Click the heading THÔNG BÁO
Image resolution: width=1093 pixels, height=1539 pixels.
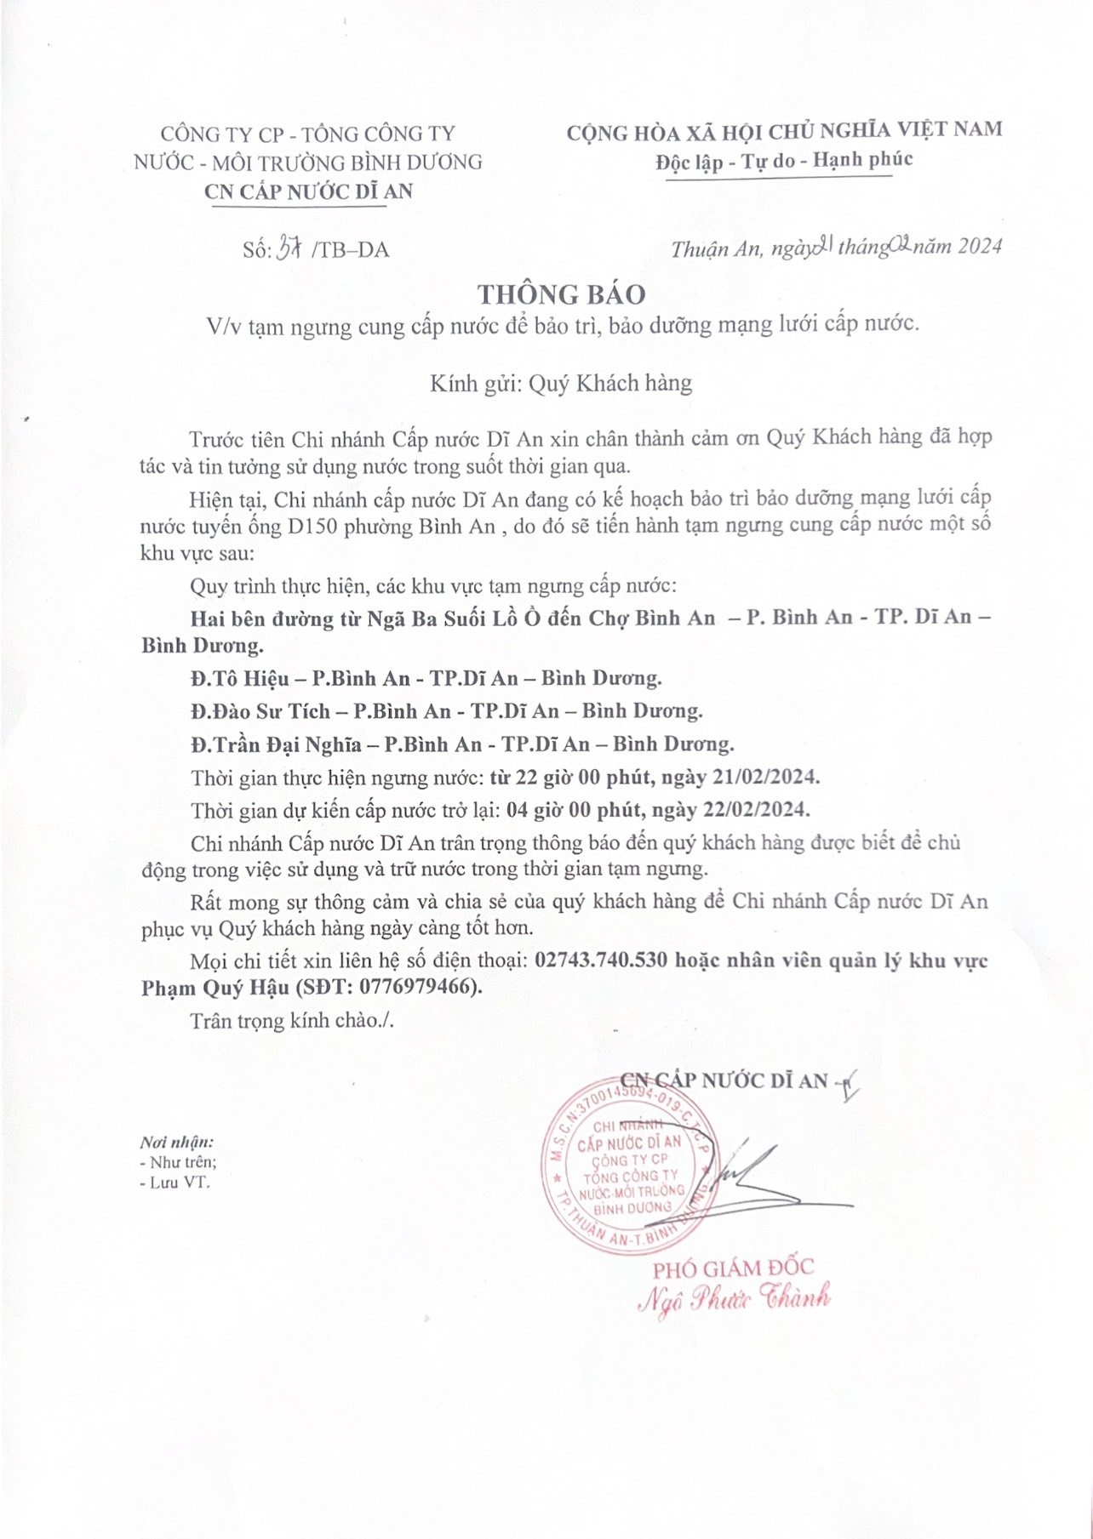(x=561, y=294)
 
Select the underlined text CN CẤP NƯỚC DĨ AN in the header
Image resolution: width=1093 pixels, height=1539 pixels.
(x=309, y=191)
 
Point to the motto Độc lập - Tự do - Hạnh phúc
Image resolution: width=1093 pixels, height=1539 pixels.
(x=783, y=160)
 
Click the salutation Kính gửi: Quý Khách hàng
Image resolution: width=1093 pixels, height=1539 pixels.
(x=561, y=383)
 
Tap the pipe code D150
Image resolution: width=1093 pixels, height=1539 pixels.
(x=313, y=526)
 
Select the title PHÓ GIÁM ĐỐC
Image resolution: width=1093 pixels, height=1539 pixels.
(x=733, y=1268)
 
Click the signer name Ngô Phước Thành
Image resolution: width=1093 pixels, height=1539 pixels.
(x=735, y=1298)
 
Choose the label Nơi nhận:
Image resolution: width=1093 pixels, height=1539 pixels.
(x=178, y=1142)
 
